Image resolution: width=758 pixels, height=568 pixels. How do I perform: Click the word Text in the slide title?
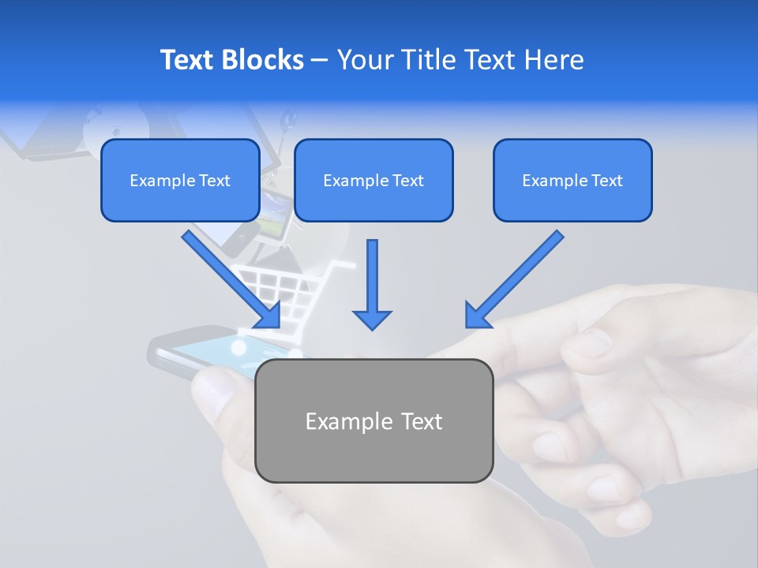click(189, 60)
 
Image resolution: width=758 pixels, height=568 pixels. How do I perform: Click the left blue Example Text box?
click(180, 181)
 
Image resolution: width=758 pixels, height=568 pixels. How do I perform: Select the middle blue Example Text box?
click(373, 181)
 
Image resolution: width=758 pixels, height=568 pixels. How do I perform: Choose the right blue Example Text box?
click(572, 181)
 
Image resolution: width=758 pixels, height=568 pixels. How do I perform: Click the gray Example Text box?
click(373, 420)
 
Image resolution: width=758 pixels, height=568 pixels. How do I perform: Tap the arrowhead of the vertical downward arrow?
click(372, 319)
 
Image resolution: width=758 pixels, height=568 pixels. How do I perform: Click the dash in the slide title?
click(320, 60)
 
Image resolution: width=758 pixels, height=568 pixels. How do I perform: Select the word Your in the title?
click(362, 60)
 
